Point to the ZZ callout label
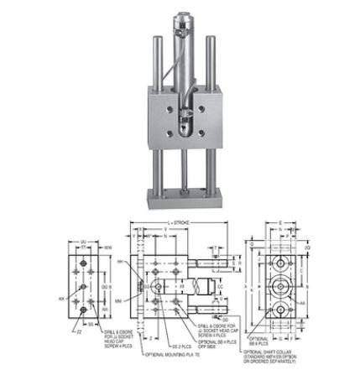tap(78, 332)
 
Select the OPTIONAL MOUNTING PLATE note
tap(160, 355)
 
